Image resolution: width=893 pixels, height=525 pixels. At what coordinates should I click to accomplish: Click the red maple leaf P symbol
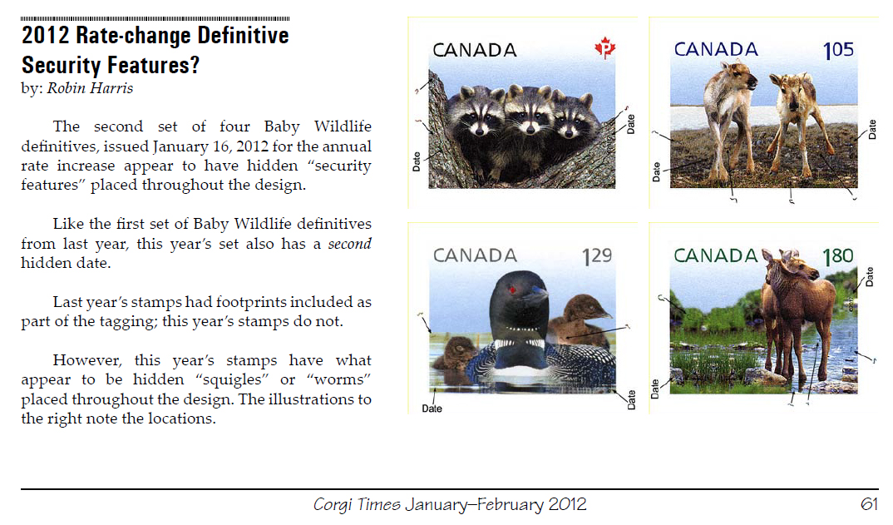point(604,48)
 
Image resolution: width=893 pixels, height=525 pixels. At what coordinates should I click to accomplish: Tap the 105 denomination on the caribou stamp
point(838,50)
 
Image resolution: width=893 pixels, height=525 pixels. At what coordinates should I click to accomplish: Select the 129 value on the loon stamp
point(597,256)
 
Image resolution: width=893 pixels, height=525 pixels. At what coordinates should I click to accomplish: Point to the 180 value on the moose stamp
point(838,256)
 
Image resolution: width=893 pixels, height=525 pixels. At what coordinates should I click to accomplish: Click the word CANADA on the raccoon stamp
point(475,50)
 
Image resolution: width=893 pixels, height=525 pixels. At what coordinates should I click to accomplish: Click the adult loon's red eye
point(513,290)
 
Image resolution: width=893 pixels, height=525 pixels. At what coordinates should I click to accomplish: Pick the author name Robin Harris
point(90,88)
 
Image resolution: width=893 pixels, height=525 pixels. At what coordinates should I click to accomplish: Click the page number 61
point(869,504)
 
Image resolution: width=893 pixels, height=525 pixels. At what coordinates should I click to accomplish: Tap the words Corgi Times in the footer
point(357,504)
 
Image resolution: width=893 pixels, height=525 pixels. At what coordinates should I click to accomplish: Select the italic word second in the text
point(350,244)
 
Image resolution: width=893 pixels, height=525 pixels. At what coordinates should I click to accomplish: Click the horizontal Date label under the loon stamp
point(432,409)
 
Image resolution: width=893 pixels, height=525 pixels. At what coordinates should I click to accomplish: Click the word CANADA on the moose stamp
point(716,256)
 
